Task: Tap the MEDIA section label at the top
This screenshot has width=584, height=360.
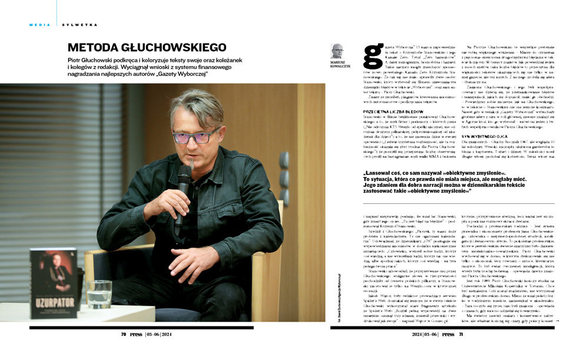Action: [x=39, y=25]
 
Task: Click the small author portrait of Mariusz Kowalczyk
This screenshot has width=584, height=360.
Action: [x=337, y=51]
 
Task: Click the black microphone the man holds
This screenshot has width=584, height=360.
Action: [x=184, y=189]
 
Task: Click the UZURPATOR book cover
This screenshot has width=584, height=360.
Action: [x=54, y=283]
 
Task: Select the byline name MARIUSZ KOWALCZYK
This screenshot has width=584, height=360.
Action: [x=337, y=65]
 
